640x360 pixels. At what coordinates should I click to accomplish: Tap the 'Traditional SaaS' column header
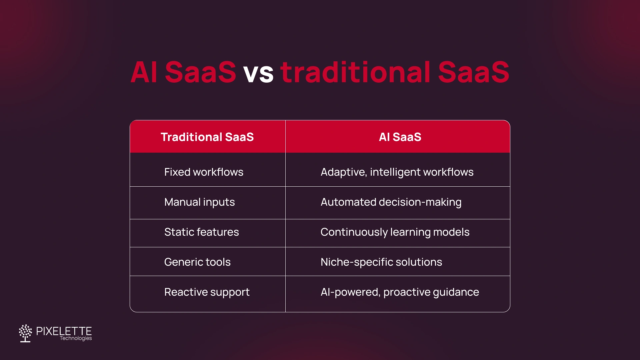[207, 137]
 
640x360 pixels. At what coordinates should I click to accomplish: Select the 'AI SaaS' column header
[400, 137]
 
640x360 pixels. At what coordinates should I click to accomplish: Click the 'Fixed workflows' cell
[204, 172]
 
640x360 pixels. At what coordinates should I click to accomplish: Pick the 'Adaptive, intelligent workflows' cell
[397, 172]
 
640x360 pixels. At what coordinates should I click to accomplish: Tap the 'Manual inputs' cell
[199, 202]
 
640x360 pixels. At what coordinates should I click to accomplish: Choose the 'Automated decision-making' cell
[391, 202]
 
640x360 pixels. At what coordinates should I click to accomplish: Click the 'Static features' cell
[201, 232]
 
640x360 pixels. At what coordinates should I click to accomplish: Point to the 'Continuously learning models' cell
[395, 232]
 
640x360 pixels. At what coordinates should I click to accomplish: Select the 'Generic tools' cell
[197, 262]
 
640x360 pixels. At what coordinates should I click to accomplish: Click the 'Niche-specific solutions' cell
[381, 262]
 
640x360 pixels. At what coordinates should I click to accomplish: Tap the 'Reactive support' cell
[207, 292]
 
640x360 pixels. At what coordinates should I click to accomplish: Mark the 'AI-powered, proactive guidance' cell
[399, 292]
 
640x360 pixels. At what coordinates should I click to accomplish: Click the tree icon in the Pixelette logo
[25, 333]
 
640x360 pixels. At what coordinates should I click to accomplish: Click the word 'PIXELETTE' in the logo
[64, 331]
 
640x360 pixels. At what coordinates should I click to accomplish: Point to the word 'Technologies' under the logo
[76, 338]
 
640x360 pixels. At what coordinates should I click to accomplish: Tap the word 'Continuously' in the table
[354, 232]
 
